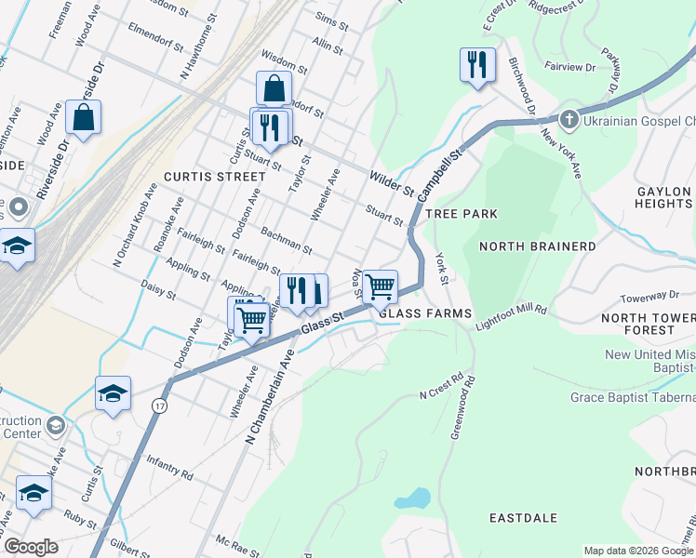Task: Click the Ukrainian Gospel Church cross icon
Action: coord(569,120)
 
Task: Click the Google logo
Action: coord(30,547)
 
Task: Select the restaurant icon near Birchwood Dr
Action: coord(477,64)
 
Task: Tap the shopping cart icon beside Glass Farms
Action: coord(380,286)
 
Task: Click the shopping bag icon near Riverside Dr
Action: coord(84,117)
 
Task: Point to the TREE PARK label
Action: coord(462,214)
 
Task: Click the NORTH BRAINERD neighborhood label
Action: coord(537,246)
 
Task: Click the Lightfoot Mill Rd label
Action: coord(511,320)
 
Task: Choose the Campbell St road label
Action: coord(439,174)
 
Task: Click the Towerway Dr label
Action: coord(649,298)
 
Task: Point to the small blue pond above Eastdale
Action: coord(411,498)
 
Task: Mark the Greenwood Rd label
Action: coord(462,408)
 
